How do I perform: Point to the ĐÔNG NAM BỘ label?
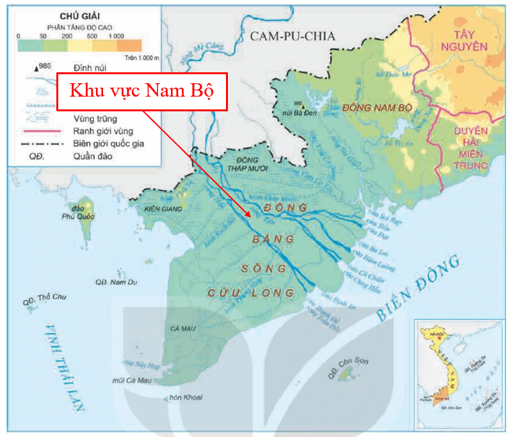[375, 107]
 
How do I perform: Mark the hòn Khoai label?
[186, 397]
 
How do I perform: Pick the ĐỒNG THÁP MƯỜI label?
[240, 164]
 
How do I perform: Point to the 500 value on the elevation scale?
[93, 36]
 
